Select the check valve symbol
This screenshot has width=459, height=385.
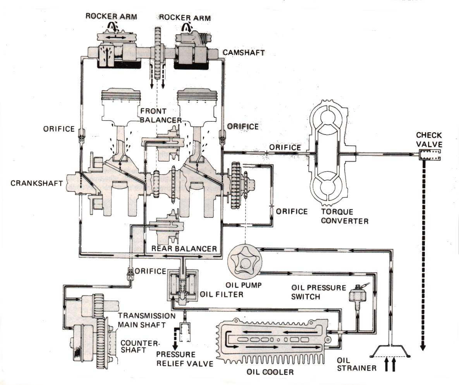point(430,155)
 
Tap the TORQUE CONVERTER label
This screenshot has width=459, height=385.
point(345,216)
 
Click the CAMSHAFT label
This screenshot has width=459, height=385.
point(244,53)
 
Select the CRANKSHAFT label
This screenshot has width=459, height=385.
point(36,183)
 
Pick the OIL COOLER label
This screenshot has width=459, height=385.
point(270,372)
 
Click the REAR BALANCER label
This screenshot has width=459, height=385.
point(184,249)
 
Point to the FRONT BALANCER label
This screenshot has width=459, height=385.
point(161,116)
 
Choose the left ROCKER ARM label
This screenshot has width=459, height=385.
point(111,16)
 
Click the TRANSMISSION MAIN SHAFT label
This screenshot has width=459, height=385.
point(147,320)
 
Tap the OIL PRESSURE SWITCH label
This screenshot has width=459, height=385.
point(318,292)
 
